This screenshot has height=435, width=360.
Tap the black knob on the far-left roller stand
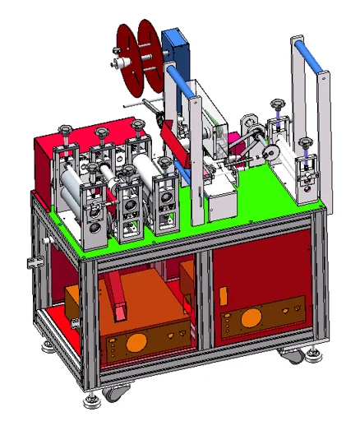click(x=64, y=130)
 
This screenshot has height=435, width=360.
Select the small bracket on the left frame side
click(x=33, y=262)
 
